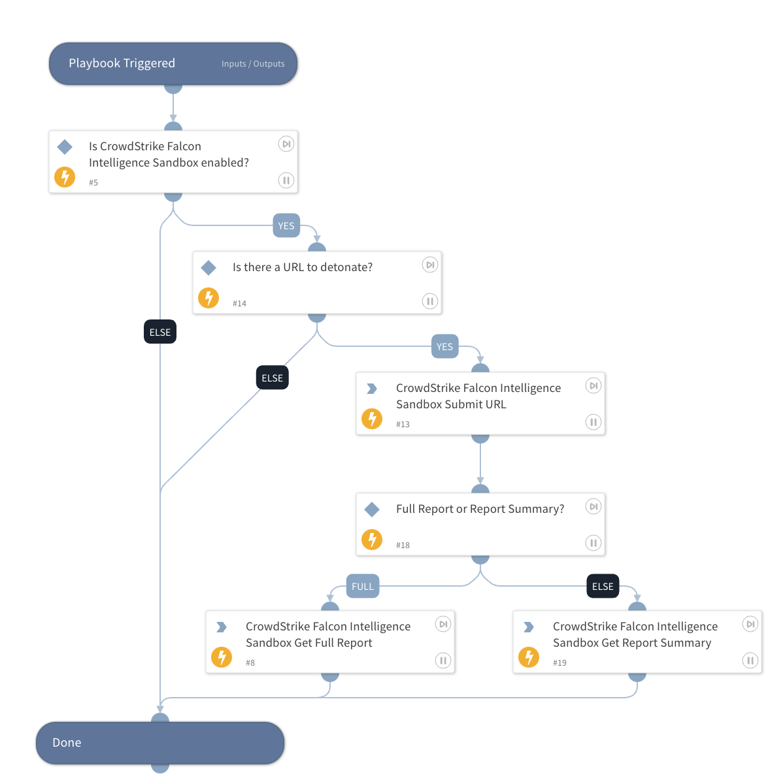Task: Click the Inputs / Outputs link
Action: pyautogui.click(x=253, y=64)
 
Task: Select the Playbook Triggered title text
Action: pyautogui.click(x=122, y=63)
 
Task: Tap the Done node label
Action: pyautogui.click(x=67, y=743)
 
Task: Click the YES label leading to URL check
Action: pyautogui.click(x=286, y=226)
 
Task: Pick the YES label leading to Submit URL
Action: pyautogui.click(x=444, y=347)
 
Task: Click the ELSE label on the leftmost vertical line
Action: pyautogui.click(x=160, y=333)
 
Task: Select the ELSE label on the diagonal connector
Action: pyautogui.click(x=272, y=378)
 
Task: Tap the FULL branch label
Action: pyautogui.click(x=363, y=587)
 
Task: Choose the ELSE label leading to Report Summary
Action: pyautogui.click(x=603, y=587)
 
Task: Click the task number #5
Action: pyautogui.click(x=93, y=183)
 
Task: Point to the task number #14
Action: pyautogui.click(x=239, y=304)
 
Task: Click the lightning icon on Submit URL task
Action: pyautogui.click(x=372, y=419)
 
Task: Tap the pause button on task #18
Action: pyautogui.click(x=593, y=543)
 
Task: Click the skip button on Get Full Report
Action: pyautogui.click(x=443, y=625)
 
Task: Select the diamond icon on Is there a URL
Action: pyautogui.click(x=209, y=267)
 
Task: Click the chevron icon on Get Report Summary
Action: pyautogui.click(x=529, y=627)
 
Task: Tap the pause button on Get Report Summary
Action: pyautogui.click(x=750, y=660)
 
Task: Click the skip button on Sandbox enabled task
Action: pyautogui.click(x=286, y=144)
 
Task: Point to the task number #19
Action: pyautogui.click(x=559, y=663)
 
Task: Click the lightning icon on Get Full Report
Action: pyautogui.click(x=222, y=657)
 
